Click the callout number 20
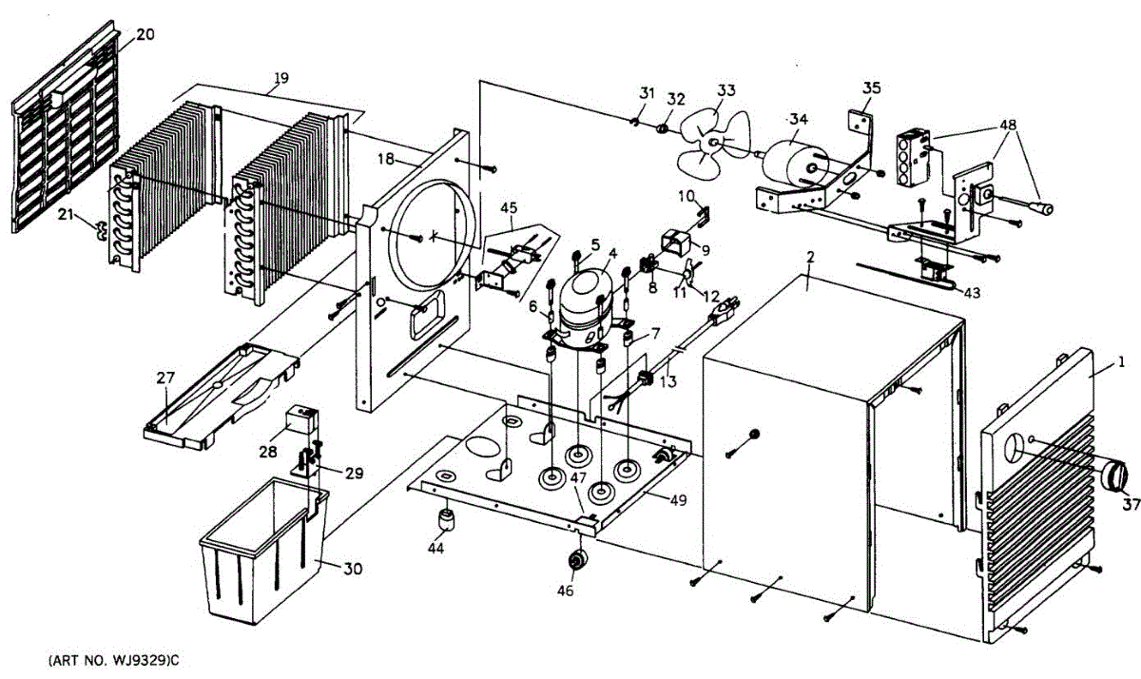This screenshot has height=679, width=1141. pyautogui.click(x=145, y=34)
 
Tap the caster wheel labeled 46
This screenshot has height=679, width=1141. pyautogui.click(x=575, y=562)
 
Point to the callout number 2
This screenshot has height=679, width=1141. pyautogui.click(x=810, y=258)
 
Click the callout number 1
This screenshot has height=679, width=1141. pyautogui.click(x=1121, y=362)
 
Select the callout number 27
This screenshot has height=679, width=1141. pyautogui.click(x=165, y=378)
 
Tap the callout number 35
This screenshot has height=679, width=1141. pyautogui.click(x=872, y=87)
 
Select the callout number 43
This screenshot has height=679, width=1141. pyautogui.click(x=970, y=292)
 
